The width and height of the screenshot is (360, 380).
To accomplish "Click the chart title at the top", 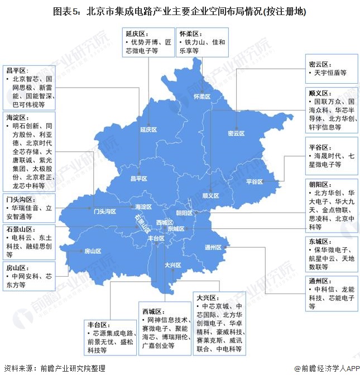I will click(180, 11).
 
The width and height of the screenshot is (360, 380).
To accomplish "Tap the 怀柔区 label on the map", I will click(201, 97).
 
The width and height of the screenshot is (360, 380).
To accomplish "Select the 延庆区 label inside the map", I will click(149, 129).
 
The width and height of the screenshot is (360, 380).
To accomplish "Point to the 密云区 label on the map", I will click(237, 133).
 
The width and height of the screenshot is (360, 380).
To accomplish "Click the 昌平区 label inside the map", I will click(138, 179).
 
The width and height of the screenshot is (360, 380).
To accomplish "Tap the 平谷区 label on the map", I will click(255, 182).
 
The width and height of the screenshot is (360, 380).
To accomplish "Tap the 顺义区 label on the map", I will click(210, 196).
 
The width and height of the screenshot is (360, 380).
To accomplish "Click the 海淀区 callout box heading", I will click(17, 118).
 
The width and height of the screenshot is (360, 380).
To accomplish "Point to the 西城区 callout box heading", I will click(151, 311).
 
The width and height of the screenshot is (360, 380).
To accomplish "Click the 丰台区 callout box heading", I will click(97, 324).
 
